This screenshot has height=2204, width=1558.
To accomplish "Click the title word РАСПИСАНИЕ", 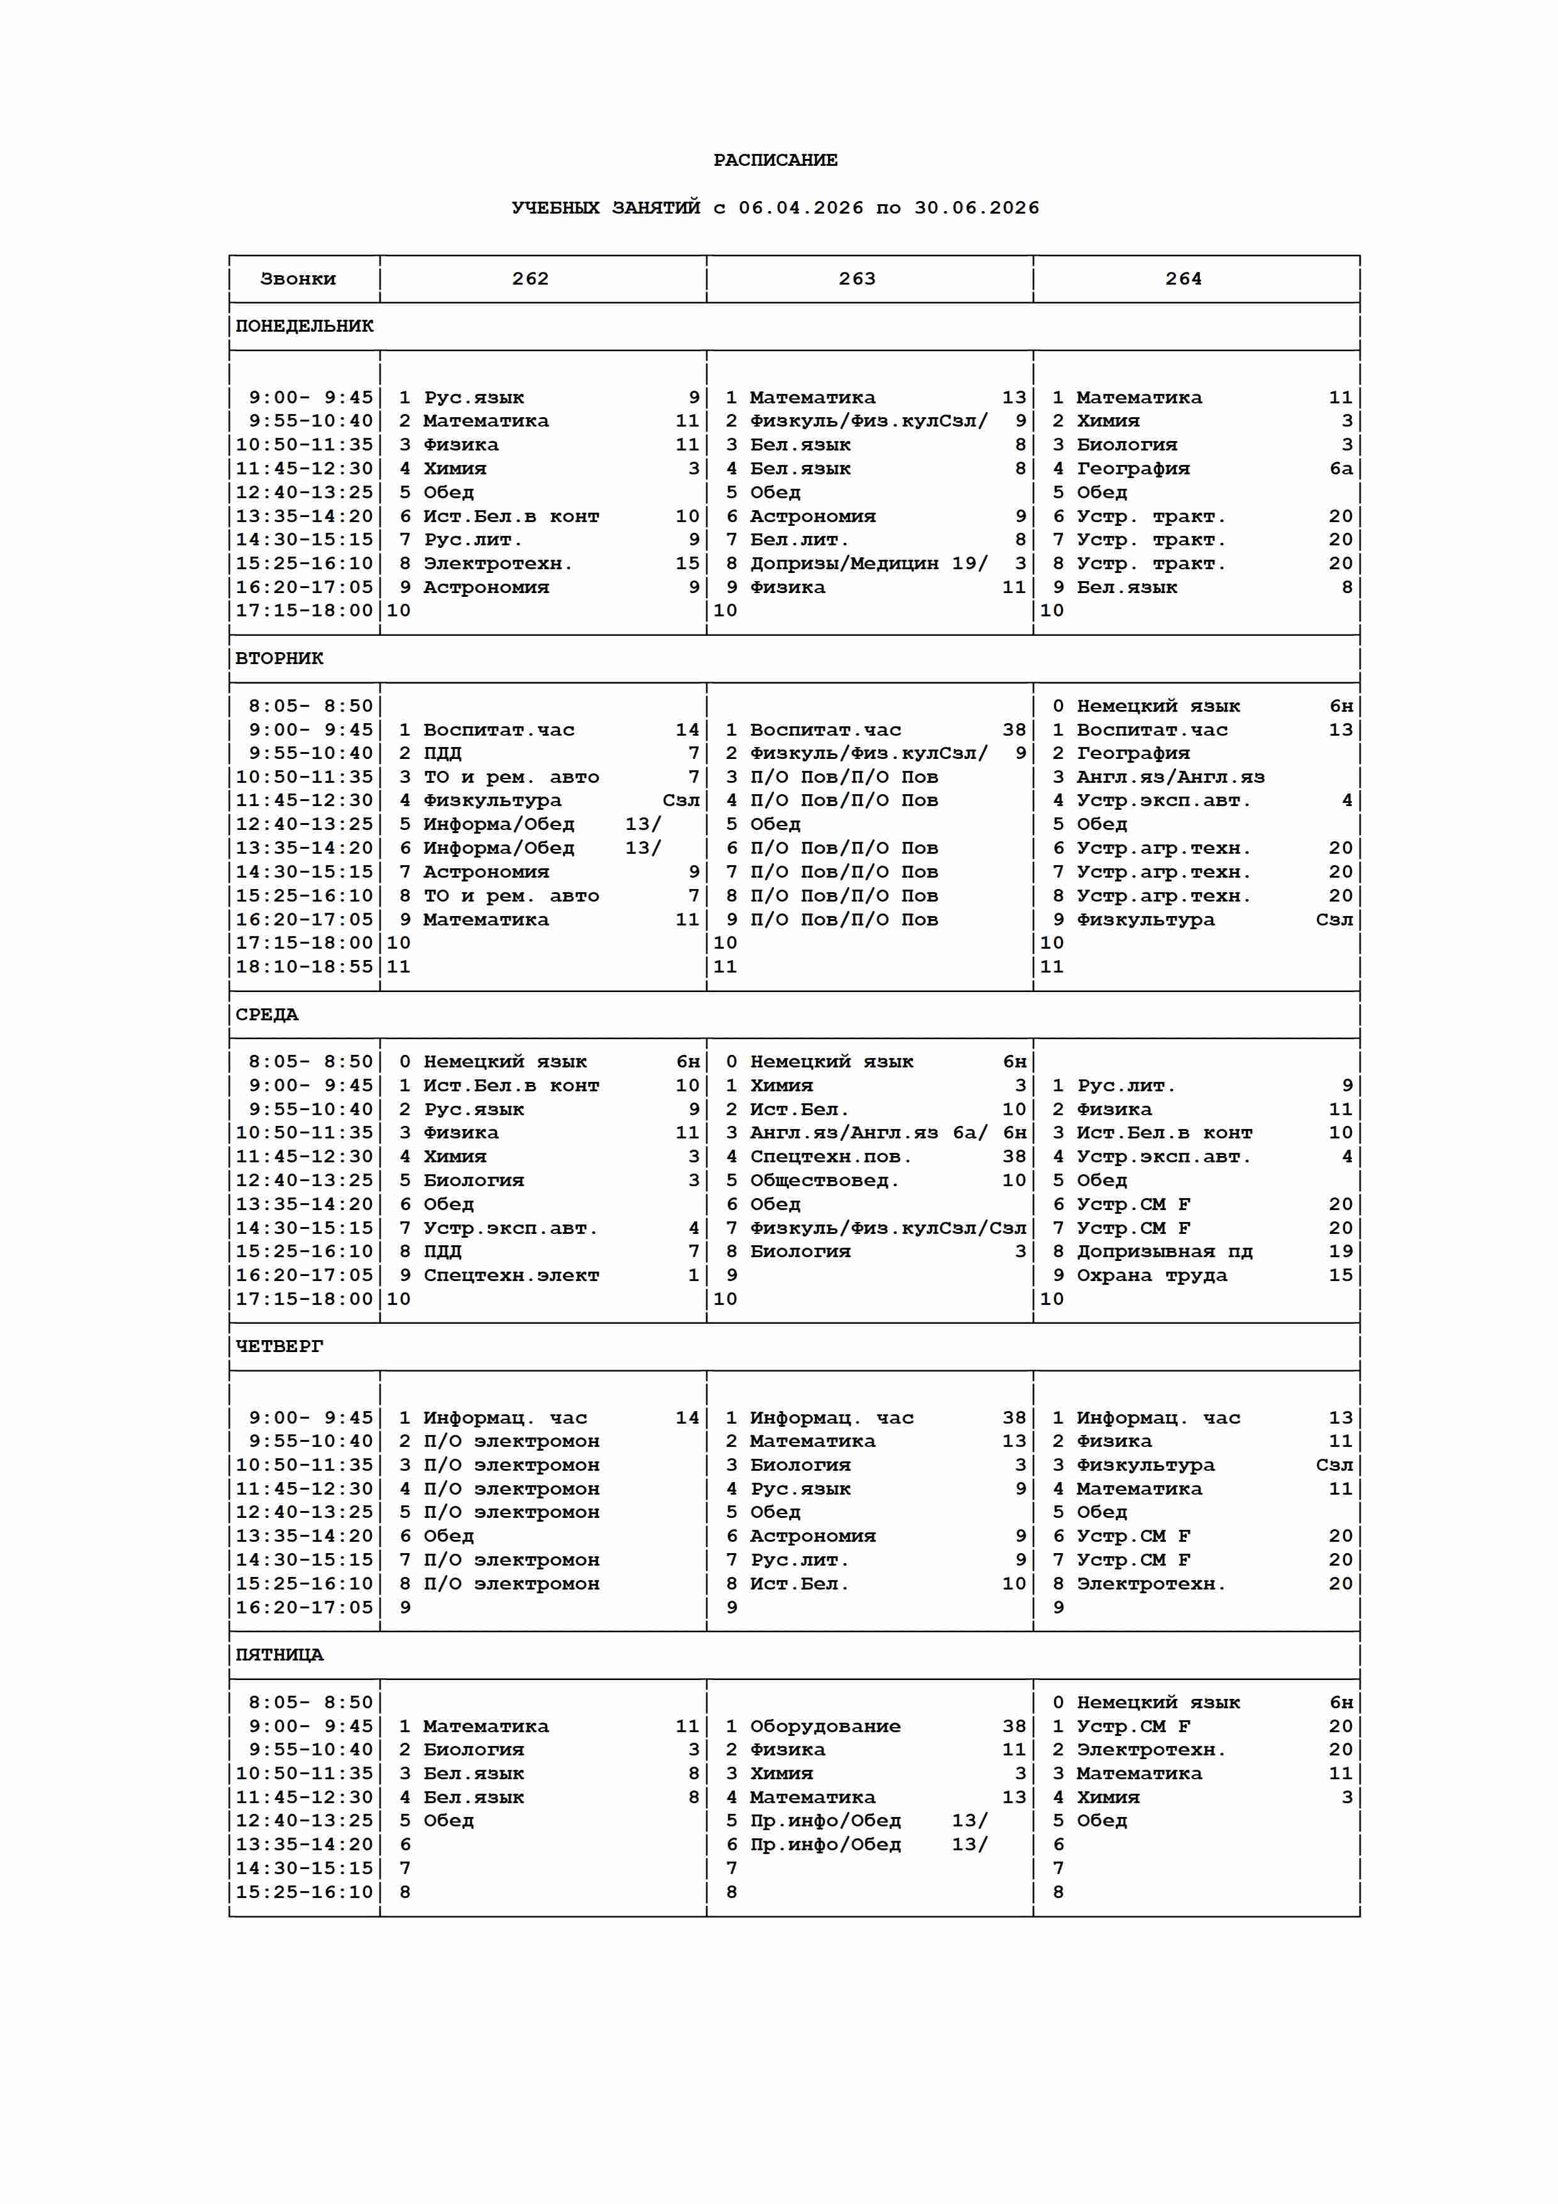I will coord(775,160).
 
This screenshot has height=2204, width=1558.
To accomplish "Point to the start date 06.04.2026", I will coord(800,209).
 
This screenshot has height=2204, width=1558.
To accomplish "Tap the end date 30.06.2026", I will coord(976,209).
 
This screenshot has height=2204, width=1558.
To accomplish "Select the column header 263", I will coord(856,280).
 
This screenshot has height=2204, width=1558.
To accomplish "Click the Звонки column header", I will coord(298,280).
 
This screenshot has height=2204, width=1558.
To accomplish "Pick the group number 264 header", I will coord(1183,280).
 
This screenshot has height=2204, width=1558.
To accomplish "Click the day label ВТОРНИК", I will coord(280,658).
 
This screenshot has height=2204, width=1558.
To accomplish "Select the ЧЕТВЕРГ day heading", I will coord(280,1347).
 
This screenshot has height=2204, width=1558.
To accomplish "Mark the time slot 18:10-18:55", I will coord(304,967).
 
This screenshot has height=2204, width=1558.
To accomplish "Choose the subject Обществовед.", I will coord(824,1181).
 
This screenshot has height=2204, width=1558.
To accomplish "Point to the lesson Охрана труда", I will coord(1151,1276).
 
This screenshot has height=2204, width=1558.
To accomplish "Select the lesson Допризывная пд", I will coord(1163,1252).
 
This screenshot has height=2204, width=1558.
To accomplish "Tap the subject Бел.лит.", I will coord(798,540).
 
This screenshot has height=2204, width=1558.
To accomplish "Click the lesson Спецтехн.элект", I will coord(511,1276).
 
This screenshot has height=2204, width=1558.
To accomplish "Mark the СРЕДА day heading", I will coord(267,1015).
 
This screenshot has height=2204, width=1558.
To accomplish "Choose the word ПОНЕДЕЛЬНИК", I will coord(304,326).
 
